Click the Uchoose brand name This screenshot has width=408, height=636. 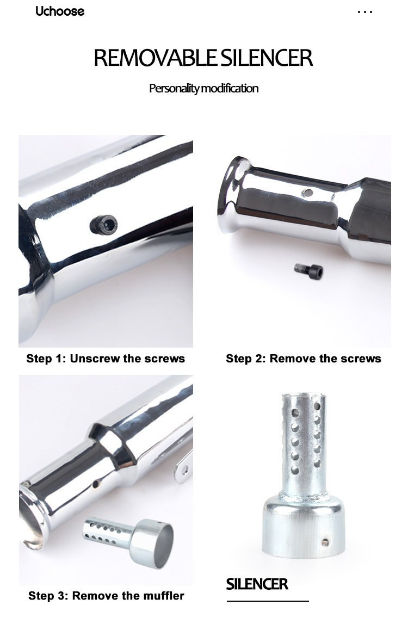[60, 11]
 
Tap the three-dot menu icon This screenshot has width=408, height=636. [365, 12]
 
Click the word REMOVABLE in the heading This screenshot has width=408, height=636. [156, 58]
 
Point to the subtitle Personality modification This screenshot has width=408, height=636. [203, 88]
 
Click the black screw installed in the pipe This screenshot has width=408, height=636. [103, 224]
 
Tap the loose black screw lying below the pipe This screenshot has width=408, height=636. [308, 269]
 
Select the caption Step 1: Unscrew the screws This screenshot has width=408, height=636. [106, 359]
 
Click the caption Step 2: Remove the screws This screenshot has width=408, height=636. [304, 359]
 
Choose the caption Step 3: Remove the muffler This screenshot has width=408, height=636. [106, 596]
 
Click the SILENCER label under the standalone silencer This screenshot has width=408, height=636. [257, 584]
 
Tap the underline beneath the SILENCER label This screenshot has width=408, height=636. [268, 601]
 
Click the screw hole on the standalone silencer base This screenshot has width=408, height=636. [325, 542]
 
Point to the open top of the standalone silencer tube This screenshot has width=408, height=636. [304, 395]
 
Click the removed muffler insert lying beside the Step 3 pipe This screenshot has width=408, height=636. [128, 541]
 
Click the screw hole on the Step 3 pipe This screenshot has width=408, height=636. [96, 484]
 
